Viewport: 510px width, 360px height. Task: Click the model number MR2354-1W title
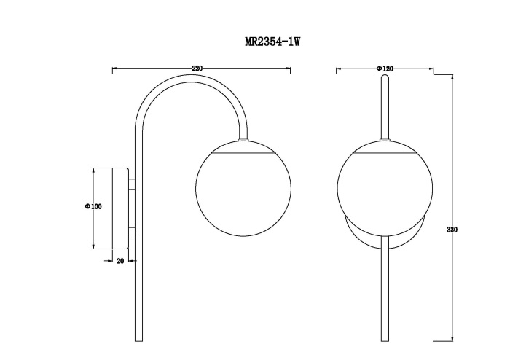pyautogui.click(x=272, y=42)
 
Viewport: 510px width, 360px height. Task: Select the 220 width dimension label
pyautogui.click(x=197, y=69)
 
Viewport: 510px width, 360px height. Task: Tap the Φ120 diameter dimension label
pyautogui.click(x=385, y=69)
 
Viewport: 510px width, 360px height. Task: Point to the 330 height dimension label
pyautogui.click(x=452, y=230)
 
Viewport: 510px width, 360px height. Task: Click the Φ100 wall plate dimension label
pyautogui.click(x=93, y=206)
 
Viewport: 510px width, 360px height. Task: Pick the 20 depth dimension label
pyautogui.click(x=120, y=261)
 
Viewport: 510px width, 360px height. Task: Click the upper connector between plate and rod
pyautogui.click(x=132, y=184)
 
